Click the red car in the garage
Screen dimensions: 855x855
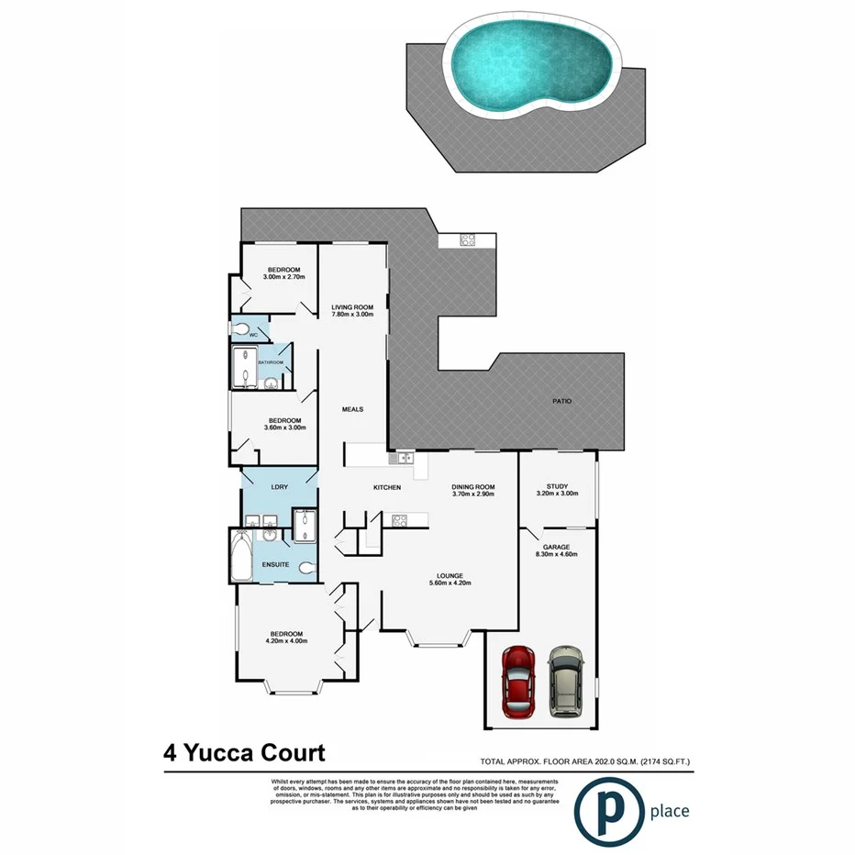(519, 682)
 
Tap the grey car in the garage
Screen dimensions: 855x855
(565, 683)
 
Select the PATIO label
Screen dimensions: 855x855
(561, 401)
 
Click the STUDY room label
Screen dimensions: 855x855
(558, 487)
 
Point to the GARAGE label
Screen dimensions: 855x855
(558, 547)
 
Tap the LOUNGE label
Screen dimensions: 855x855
(450, 575)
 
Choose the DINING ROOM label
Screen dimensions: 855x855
(473, 487)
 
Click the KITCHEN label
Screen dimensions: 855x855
(386, 487)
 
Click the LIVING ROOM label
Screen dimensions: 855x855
(353, 307)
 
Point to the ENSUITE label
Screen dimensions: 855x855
(276, 564)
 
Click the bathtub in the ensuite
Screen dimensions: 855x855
(242, 556)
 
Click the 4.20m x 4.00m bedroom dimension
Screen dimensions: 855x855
(287, 641)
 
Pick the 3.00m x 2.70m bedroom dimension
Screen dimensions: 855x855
(283, 276)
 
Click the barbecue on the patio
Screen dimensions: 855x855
(467, 240)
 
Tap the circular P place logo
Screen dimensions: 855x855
(607, 809)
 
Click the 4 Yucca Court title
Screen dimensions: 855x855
(244, 754)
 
